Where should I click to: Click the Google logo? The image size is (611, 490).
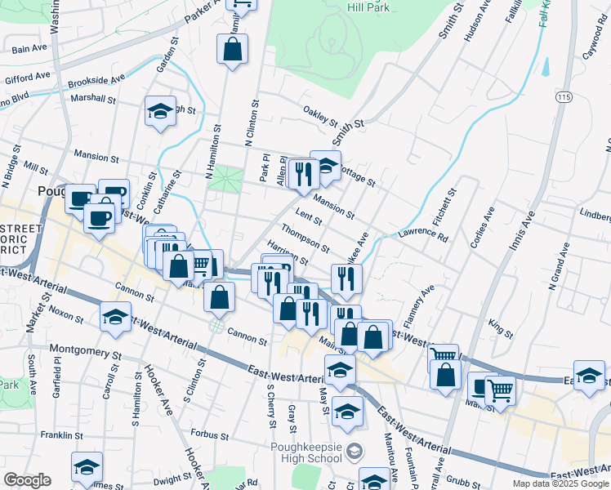click(27, 480)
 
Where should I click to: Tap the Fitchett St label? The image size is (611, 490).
click(448, 206)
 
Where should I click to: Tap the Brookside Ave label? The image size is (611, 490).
click(96, 82)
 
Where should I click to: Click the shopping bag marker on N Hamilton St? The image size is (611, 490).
click(233, 50)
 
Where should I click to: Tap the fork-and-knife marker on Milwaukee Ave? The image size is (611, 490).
click(346, 279)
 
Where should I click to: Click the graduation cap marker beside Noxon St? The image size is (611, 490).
click(115, 317)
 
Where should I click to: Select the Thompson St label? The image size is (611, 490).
click(305, 238)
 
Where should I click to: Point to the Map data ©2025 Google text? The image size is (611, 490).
click(560, 483)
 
